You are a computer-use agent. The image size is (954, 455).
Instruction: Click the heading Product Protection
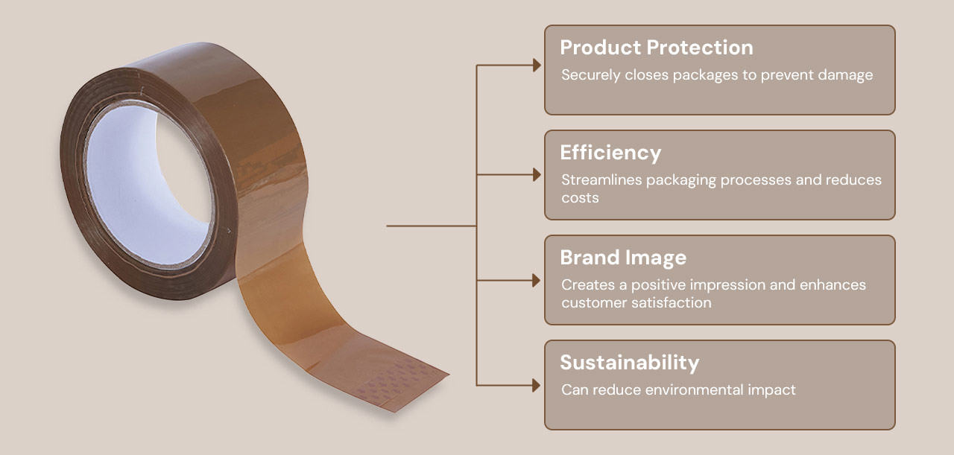coord(657,47)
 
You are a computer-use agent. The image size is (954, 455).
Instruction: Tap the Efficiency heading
coord(610,153)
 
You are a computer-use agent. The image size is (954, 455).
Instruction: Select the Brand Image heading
coord(623,258)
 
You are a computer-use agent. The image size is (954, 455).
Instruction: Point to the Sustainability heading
coord(630,363)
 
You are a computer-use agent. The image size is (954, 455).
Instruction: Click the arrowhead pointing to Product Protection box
coord(537,65)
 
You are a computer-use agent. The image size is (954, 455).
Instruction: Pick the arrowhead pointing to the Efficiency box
coord(537,174)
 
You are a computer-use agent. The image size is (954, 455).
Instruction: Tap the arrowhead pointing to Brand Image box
coord(537,281)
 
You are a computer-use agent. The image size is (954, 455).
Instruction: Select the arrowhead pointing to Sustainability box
coord(537,386)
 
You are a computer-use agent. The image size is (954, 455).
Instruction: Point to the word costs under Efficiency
coord(580,198)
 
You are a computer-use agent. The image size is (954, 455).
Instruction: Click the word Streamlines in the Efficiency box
coord(601,179)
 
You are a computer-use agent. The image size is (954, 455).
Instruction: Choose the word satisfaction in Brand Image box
coord(672,302)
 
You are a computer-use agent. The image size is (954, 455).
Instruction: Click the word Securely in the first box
coord(590,76)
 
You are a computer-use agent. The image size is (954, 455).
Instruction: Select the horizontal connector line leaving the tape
coord(431,226)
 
